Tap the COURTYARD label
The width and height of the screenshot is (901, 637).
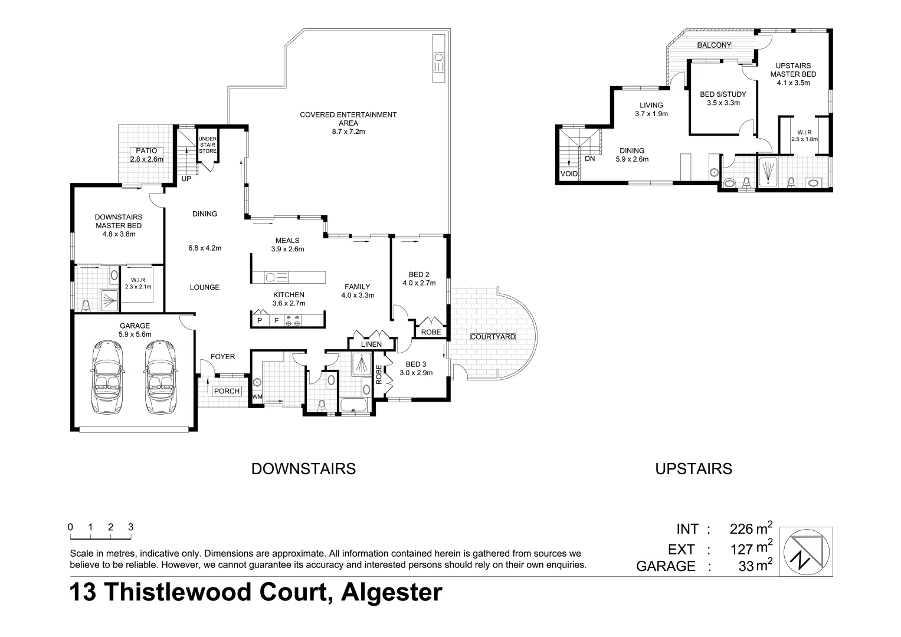pos(493,337)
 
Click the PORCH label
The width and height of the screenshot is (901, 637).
pos(227,391)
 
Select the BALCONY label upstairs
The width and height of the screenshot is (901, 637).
pos(714,45)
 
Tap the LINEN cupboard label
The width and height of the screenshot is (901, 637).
pos(372,344)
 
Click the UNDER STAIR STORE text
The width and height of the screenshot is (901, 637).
pos(208,145)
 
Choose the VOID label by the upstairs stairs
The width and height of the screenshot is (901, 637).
pos(569,174)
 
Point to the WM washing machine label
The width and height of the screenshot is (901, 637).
pos(257,397)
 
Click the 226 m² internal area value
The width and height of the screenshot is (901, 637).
pos(751,528)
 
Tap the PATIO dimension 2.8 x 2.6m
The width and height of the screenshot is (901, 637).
pos(146,159)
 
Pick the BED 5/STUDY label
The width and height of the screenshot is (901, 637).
pos(723,94)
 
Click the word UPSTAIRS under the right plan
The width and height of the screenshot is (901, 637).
pos(693,468)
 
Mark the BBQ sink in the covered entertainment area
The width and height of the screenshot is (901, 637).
pos(438,58)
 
